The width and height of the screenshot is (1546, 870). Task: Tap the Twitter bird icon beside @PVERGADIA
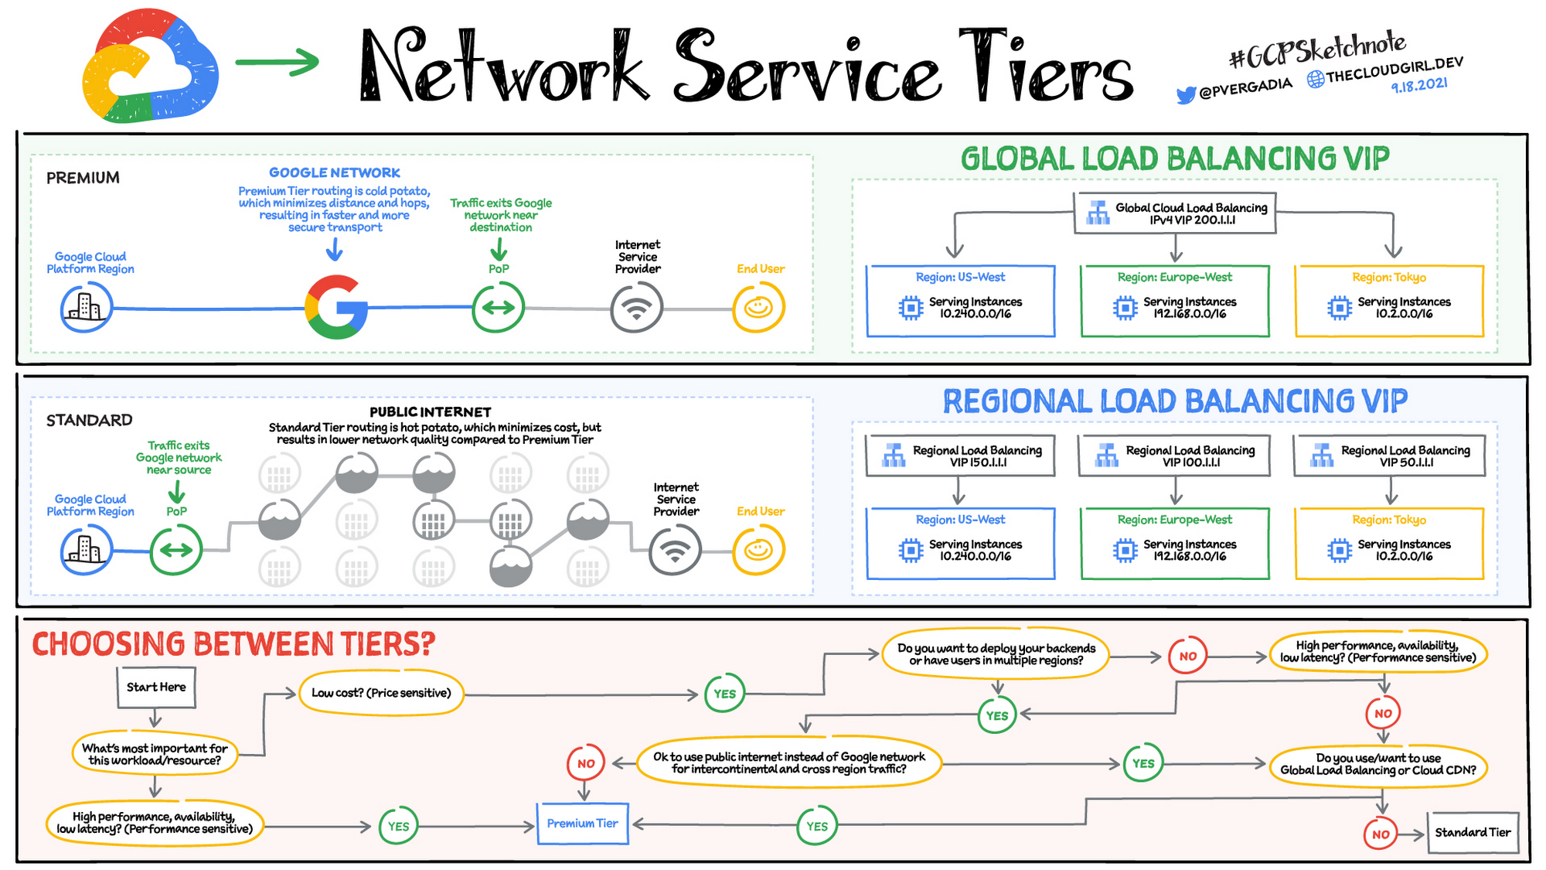click(x=1185, y=95)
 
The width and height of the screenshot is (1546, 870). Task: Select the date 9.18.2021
click(x=1419, y=85)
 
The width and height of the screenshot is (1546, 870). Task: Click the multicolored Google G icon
click(x=336, y=307)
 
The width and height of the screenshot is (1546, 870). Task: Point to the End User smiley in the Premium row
click(x=758, y=308)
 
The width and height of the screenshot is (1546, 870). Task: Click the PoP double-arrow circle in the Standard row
click(x=175, y=550)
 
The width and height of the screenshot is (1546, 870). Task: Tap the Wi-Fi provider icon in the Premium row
click(x=636, y=308)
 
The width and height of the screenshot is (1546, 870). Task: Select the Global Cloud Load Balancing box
click(x=1175, y=213)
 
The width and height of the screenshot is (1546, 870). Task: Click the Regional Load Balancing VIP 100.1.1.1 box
click(x=1174, y=455)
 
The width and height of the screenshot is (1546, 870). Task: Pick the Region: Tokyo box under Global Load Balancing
click(x=1389, y=301)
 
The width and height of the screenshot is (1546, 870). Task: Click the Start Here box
click(x=156, y=687)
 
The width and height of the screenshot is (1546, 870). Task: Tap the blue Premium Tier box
click(x=582, y=824)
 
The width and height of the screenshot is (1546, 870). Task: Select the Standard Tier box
click(x=1473, y=832)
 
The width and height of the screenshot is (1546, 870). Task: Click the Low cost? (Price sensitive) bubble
click(x=381, y=693)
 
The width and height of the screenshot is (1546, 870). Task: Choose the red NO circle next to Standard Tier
click(x=1381, y=834)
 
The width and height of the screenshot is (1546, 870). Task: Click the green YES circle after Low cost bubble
click(x=724, y=694)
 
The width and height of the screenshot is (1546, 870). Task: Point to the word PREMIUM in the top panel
click(x=83, y=178)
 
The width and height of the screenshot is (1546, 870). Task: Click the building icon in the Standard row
click(x=86, y=550)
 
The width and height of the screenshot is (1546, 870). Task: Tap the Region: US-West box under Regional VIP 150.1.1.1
click(x=960, y=543)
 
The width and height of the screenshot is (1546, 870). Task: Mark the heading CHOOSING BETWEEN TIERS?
click(x=233, y=644)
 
